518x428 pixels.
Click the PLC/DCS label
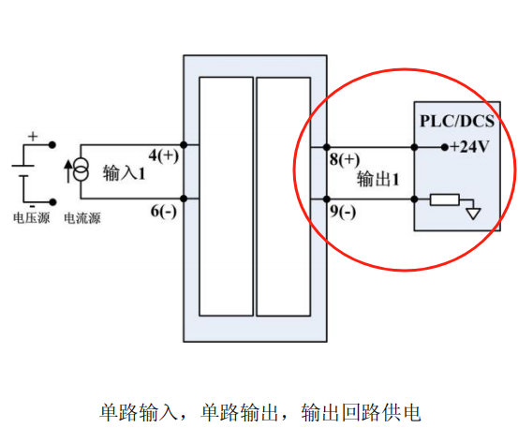pos(457,121)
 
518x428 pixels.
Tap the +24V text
pos(469,147)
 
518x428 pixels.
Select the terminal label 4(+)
pos(164,155)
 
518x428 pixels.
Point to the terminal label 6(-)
pos(164,211)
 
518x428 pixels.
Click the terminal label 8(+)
pos(345,159)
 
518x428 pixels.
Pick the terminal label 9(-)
pos(343,212)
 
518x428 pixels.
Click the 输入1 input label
pos(124,172)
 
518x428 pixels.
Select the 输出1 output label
pos(377,179)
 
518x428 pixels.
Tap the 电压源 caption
pos(32,218)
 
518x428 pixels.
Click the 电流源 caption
pos(82,218)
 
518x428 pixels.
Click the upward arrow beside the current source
pos(67,171)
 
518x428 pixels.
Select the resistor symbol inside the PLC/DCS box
pos(445,199)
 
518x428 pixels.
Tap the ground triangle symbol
pos(473,214)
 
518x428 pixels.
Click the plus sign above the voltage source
pos(33,137)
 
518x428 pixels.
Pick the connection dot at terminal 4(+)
pos(184,144)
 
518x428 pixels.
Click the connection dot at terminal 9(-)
pos(327,199)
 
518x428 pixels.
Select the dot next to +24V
pos(445,147)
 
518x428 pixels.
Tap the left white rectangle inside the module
pos(227,197)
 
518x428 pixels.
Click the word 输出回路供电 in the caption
pos(361,412)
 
